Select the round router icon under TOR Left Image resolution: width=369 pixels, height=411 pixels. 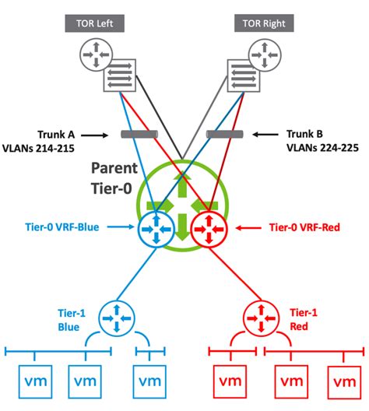[x=94, y=55]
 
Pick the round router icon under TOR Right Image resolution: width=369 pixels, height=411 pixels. [x=265, y=55]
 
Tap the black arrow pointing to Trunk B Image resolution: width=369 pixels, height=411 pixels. [x=262, y=135]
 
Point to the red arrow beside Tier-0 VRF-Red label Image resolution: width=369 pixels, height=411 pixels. [x=248, y=228]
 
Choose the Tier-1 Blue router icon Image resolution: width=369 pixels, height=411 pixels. [x=116, y=319]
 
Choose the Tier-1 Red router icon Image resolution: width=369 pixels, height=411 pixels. [x=258, y=319]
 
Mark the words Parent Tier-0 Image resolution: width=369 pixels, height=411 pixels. [x=116, y=177]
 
